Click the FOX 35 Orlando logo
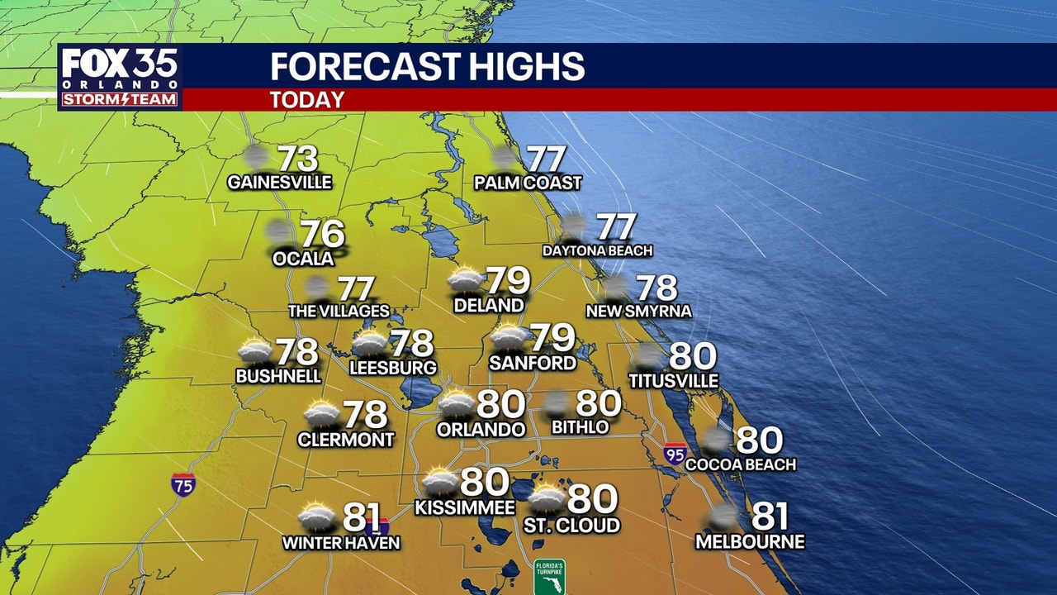click(x=120, y=78)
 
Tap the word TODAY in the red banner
click(x=306, y=100)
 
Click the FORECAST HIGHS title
click(x=427, y=66)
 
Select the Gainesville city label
click(x=279, y=182)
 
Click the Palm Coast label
click(x=528, y=183)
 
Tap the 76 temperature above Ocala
click(x=321, y=235)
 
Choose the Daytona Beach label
click(x=597, y=250)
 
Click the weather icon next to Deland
click(x=465, y=281)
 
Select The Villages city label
click(x=339, y=312)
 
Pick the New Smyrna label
click(x=638, y=312)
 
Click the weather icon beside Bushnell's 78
click(x=255, y=352)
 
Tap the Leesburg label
click(x=392, y=367)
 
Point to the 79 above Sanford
click(x=552, y=337)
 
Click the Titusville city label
click(x=673, y=381)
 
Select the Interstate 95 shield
click(x=675, y=453)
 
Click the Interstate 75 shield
click(x=183, y=483)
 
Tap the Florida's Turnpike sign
click(x=549, y=577)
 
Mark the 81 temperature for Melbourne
click(x=770, y=517)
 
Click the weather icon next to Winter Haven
click(x=316, y=517)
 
